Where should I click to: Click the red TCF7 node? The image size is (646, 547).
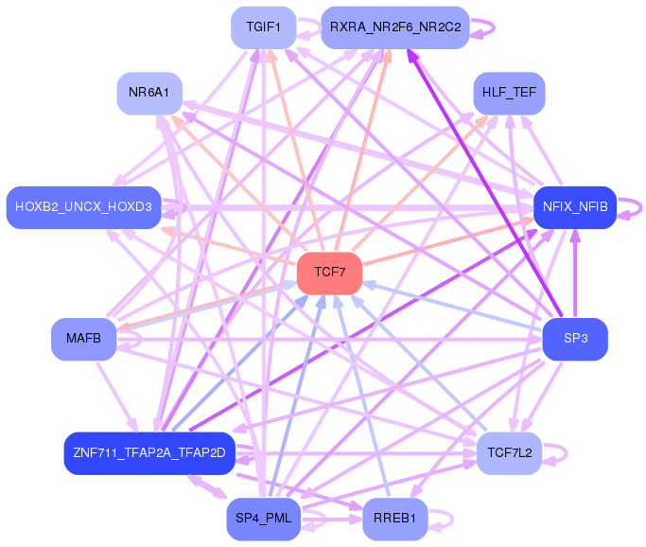click(329, 273)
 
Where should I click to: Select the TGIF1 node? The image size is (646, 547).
click(264, 27)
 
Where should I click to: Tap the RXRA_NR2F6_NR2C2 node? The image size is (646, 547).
click(394, 27)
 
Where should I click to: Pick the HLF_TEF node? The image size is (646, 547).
click(509, 94)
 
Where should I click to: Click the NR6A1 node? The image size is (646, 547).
click(149, 93)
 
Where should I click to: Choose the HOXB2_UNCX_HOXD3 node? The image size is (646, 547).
click(83, 207)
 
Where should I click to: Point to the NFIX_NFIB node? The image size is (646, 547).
click(574, 206)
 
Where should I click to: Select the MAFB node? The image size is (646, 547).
click(83, 339)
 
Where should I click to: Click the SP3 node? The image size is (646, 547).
click(574, 339)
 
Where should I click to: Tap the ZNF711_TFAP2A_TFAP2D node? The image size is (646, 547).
click(148, 452)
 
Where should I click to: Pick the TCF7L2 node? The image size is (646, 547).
click(509, 453)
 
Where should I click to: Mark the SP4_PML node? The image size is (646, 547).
click(264, 519)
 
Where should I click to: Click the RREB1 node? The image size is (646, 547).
click(394, 519)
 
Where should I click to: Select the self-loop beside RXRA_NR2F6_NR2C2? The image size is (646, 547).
click(490, 27)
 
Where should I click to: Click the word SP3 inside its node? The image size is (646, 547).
click(574, 339)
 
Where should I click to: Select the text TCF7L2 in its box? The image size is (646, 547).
click(509, 453)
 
